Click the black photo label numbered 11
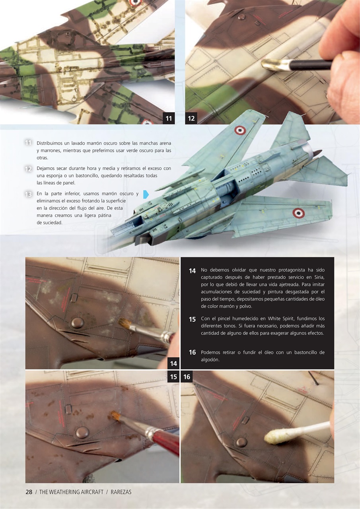point(169,119)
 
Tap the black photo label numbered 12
point(191,119)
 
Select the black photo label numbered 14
point(173,363)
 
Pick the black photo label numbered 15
point(173,377)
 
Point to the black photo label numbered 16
point(187,377)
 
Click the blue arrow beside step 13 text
point(146,194)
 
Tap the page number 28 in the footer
point(29,492)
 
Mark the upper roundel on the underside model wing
point(239,130)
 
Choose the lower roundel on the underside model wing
point(298,213)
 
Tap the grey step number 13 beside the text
point(28,194)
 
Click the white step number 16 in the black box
point(192,353)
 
